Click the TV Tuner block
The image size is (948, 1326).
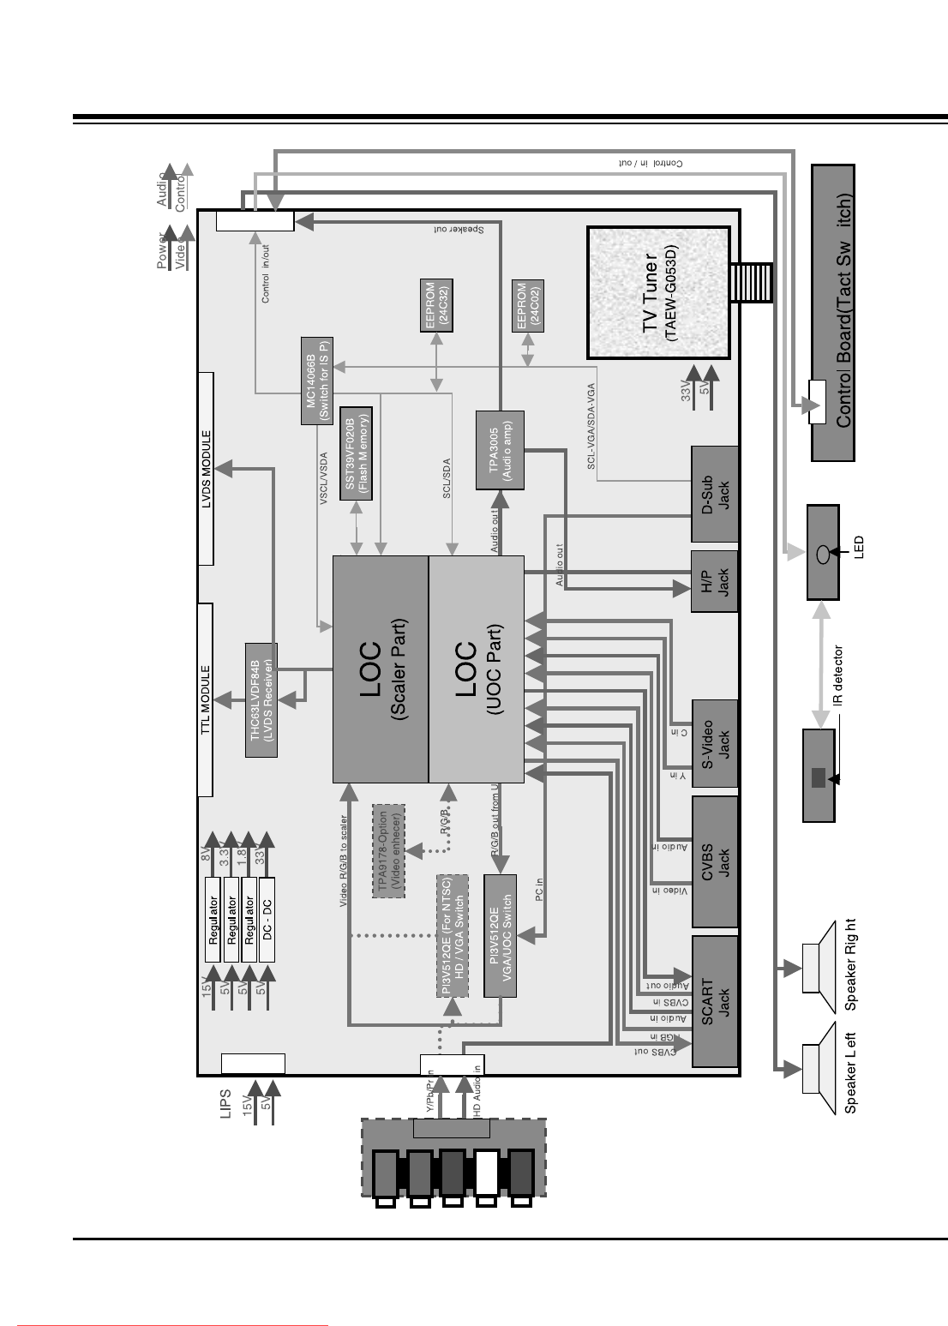tap(658, 292)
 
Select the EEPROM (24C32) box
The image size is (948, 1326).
tap(437, 305)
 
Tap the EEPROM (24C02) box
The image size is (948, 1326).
tap(528, 305)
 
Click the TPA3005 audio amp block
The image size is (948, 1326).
tap(500, 451)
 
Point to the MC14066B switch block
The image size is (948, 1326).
tap(316, 381)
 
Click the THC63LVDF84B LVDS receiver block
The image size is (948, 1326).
tap(261, 699)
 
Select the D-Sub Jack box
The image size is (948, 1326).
tap(714, 494)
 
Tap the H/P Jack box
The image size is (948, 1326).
tap(714, 581)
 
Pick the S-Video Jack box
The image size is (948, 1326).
tap(714, 743)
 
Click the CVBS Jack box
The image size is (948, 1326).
tap(714, 861)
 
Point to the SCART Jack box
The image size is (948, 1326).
tap(714, 1001)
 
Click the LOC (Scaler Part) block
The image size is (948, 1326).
tap(381, 669)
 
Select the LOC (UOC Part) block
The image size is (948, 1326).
tap(476, 669)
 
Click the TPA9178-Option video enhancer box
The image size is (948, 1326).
tap(388, 850)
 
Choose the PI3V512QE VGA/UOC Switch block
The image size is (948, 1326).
tap(500, 935)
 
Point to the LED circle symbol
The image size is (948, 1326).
tap(823, 553)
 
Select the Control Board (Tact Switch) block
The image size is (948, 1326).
tap(832, 313)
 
